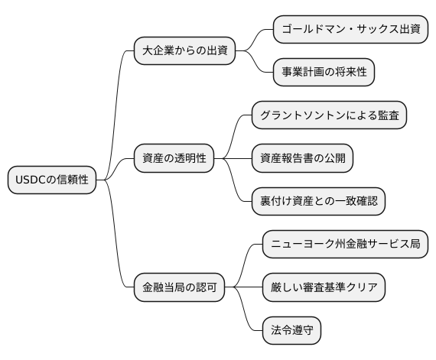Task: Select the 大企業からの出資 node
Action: pos(184,51)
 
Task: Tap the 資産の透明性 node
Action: pos(174,158)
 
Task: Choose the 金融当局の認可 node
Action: pos(180,288)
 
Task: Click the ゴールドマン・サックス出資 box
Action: pos(350,30)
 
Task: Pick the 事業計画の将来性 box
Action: pos(324,73)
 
